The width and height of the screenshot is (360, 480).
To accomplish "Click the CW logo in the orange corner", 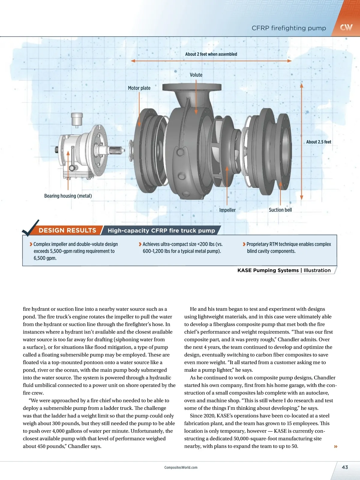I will coord(346,27).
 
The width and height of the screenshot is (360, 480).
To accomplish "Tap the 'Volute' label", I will coord(196,75).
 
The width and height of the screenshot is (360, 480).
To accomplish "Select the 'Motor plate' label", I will coord(139,88).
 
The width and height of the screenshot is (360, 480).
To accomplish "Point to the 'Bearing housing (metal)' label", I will coord(68,196).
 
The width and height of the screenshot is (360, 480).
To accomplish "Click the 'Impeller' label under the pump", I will coord(227,210).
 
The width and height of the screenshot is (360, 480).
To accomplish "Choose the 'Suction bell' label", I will coord(280,210).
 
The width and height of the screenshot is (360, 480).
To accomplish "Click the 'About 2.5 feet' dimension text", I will coord(319,142).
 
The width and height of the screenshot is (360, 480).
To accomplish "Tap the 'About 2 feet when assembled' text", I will coord(211,54).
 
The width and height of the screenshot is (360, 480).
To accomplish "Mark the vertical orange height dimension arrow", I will coord(302,141).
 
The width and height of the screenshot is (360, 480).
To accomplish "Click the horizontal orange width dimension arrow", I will coord(211,61).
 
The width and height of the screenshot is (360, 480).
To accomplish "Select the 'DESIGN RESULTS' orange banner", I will coord(67,230).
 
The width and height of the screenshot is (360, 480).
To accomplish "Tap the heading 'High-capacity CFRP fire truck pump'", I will coord(161,231).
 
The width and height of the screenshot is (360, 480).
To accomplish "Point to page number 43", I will coord(345,467).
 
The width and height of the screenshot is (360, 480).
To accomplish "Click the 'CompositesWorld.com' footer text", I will coord(181,467).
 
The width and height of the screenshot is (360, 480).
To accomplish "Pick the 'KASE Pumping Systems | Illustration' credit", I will coord(284,270).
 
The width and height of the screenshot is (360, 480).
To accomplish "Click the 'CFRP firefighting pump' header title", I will coord(289,28).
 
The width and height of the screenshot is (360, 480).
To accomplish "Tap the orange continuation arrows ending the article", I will coord(336,446).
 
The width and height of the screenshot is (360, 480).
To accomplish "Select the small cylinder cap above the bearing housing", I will coord(77,119).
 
